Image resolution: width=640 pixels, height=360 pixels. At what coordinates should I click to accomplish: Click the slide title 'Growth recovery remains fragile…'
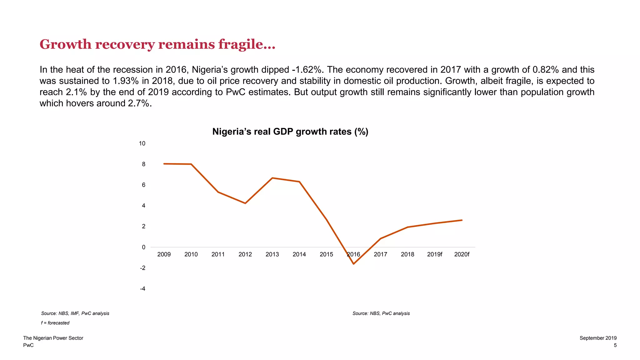(x=157, y=44)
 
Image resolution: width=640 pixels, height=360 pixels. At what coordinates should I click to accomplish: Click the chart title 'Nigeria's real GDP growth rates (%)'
(x=290, y=132)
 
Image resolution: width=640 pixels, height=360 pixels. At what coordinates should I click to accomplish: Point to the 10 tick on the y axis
(x=142, y=143)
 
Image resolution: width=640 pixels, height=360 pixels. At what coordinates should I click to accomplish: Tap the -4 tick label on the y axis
(x=142, y=289)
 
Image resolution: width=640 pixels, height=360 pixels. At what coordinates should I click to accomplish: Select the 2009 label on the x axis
(x=164, y=254)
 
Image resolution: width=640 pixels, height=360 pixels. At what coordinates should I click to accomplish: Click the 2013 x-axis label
(x=272, y=254)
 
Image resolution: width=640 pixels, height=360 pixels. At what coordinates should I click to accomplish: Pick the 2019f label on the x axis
(x=435, y=254)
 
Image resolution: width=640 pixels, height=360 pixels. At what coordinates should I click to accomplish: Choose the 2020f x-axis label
(x=462, y=254)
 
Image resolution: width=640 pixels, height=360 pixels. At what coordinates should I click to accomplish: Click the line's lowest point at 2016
(x=353, y=264)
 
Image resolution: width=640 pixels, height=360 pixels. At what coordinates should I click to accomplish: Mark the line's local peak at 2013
(x=272, y=178)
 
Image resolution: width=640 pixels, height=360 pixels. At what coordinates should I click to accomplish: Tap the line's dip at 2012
(x=245, y=203)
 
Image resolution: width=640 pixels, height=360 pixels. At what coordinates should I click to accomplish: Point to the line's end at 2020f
(x=462, y=220)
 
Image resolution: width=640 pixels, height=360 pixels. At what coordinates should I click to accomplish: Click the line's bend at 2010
(x=191, y=164)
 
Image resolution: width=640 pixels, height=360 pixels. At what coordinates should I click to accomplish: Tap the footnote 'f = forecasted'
(x=55, y=323)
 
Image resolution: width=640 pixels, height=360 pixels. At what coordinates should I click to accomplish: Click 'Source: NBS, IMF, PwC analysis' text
(x=75, y=313)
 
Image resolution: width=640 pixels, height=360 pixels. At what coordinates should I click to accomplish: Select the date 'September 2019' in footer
(x=598, y=338)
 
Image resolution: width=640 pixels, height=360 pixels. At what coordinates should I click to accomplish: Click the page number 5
(x=615, y=345)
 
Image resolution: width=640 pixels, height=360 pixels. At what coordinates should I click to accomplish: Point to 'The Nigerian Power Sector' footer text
(x=53, y=338)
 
